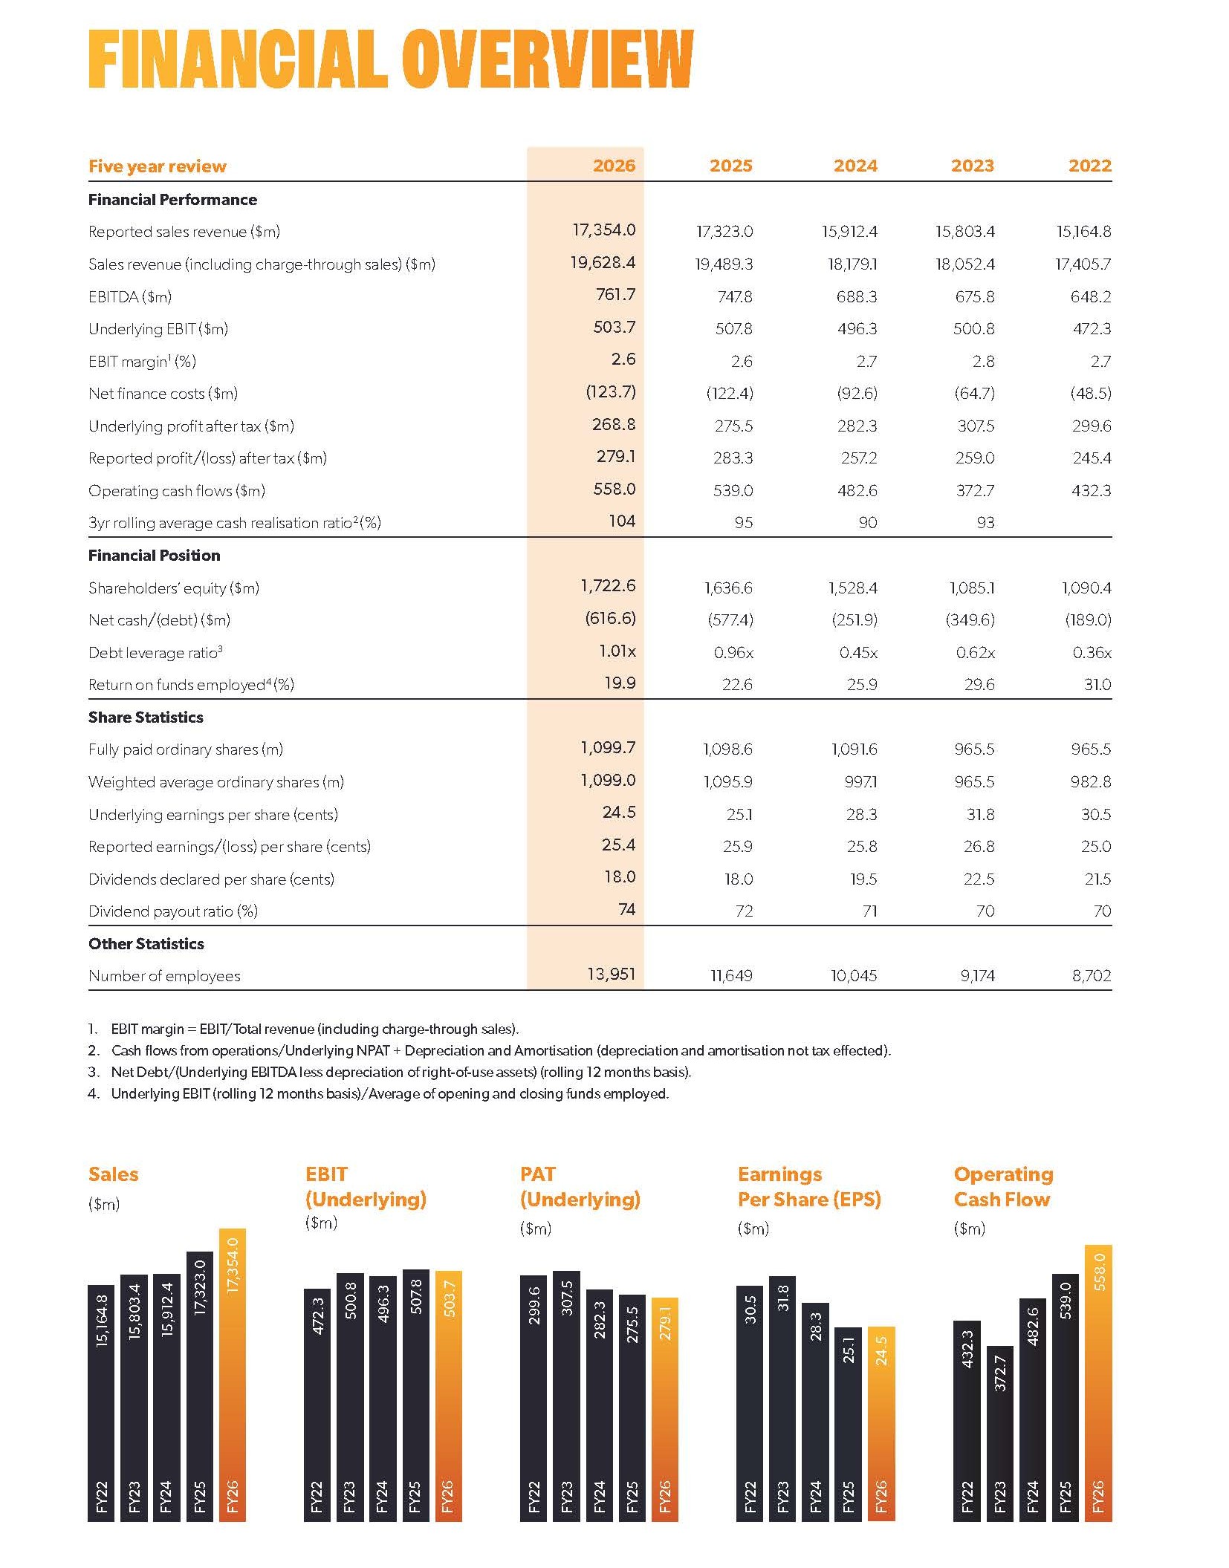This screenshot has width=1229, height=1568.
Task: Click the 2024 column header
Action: pos(855,166)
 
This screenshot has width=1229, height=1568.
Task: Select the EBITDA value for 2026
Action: pos(615,295)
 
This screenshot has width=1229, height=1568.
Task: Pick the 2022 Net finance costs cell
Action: pos(1091,394)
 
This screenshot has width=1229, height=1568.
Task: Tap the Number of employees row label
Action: pos(164,976)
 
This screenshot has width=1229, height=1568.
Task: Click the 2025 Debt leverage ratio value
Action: pos(733,652)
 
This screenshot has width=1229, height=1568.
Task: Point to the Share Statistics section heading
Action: pos(146,717)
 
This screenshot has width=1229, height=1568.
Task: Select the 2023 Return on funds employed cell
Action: pos(979,684)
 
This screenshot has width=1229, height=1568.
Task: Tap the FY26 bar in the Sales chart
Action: pos(233,1375)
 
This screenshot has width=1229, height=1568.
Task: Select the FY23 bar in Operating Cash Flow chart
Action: pos(1000,1434)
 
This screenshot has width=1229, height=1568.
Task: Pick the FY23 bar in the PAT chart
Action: pos(567,1396)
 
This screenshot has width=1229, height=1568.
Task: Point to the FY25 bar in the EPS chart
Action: pos(849,1425)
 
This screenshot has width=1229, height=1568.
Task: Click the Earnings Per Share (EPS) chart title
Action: pos(809,1187)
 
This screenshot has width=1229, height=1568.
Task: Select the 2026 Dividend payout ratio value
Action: pos(627,909)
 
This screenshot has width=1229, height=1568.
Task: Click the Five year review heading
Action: pos(158,166)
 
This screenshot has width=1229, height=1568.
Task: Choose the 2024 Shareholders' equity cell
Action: pos(853,588)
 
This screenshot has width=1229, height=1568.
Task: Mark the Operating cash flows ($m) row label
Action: pos(177,491)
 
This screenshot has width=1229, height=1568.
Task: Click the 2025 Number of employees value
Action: pos(732,976)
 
